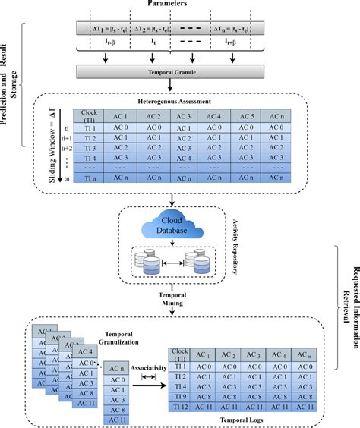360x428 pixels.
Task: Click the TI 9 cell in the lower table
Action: [x=181, y=395]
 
